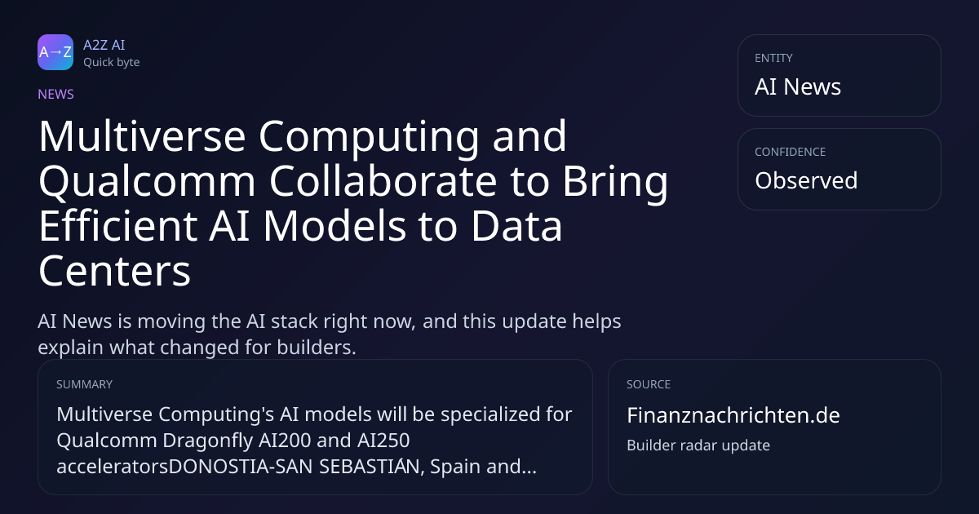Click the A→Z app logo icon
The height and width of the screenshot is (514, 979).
[55, 52]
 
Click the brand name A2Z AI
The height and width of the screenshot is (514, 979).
[104, 45]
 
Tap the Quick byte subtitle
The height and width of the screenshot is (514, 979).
[112, 63]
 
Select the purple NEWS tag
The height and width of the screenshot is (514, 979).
[56, 95]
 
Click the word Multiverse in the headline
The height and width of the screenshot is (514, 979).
[142, 136]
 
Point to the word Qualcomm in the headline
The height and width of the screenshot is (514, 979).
[147, 182]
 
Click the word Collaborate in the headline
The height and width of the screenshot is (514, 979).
[383, 181]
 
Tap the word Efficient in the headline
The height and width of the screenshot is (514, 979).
[118, 226]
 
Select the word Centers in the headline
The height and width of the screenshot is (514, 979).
[115, 272]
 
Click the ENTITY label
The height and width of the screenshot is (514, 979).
[773, 58]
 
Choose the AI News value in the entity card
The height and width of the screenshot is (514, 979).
[798, 86]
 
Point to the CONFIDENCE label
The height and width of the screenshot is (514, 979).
[791, 152]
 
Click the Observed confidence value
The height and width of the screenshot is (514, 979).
[806, 180]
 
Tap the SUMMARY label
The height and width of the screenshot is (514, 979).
[84, 384]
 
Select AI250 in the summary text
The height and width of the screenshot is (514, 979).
[383, 440]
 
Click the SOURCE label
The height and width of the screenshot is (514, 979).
[649, 384]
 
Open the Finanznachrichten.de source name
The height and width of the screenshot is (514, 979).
[733, 415]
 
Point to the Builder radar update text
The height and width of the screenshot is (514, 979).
[698, 445]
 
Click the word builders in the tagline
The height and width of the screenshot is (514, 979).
[317, 348]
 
